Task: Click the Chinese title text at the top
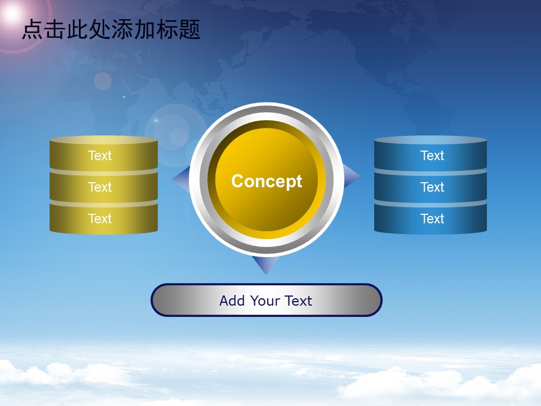coord(111,29)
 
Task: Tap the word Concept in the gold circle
coord(267,181)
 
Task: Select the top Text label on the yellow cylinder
coord(100,156)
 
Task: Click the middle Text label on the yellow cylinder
coord(100,187)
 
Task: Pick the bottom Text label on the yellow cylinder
coord(100,219)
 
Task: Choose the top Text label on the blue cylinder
coord(432,156)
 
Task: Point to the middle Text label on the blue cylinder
coord(432,187)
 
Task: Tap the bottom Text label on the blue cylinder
coord(432,219)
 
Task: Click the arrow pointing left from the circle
coord(181,179)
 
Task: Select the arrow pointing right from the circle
coord(351,176)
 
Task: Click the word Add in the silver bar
coord(232,301)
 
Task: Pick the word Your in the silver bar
coord(265,301)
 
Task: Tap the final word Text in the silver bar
coord(299,301)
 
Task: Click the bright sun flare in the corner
coord(12,14)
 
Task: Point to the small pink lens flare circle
coord(103,81)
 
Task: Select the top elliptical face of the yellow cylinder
coord(104,140)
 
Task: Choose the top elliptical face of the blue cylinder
coord(430,140)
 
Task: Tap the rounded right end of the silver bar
coord(373,300)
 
